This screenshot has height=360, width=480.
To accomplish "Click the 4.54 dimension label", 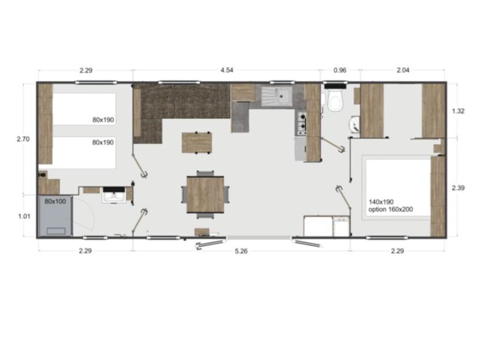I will point(226,70).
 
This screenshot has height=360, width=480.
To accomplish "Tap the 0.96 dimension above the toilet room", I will point(340,70).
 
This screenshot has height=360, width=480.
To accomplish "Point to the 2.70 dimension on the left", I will point(23,139).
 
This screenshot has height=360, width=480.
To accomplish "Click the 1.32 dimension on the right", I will point(458,111).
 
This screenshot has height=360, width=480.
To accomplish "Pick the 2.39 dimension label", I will point(458,187).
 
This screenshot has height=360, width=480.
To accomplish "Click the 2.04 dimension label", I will point(402,70).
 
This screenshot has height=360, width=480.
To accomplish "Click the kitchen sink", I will point(276,96).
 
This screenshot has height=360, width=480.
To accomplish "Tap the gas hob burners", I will point(302,122).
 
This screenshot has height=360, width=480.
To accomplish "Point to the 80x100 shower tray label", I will point(55,201).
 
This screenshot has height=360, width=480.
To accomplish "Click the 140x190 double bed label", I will point(382,201).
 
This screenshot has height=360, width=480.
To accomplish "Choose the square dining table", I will point(205,194).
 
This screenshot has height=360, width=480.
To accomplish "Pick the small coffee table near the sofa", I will point(197,142).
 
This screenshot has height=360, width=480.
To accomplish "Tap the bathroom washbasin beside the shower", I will point(113,196).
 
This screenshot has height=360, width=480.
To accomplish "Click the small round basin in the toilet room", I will point(354,126).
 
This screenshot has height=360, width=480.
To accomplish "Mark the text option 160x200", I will point(390,210).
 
